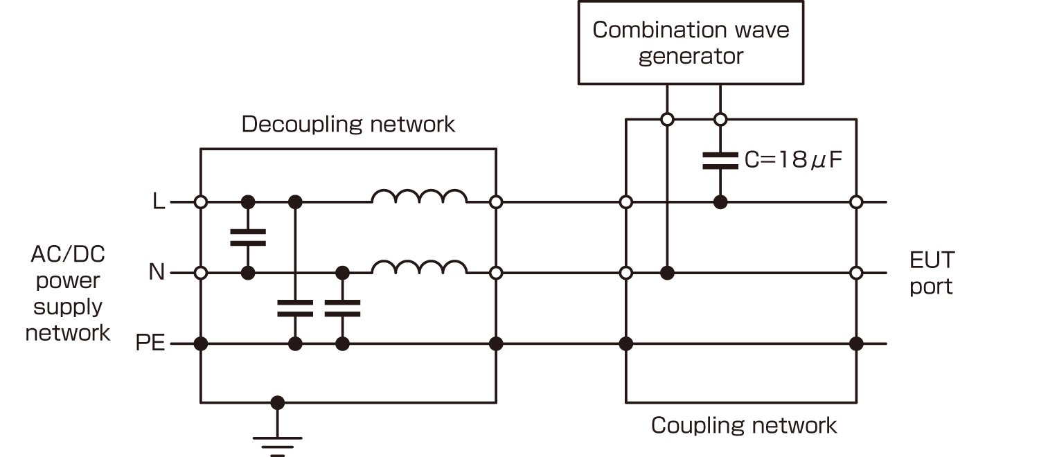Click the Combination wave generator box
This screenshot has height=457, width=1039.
691,42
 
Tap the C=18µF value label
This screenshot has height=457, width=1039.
793,161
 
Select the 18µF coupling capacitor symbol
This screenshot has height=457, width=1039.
720,161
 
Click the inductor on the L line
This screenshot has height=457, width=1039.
419,198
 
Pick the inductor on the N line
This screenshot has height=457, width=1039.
419,269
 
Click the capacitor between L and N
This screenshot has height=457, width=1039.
247,238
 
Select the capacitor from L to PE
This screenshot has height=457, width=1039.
295,308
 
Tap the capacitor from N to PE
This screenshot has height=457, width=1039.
341,308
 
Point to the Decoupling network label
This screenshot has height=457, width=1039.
348,125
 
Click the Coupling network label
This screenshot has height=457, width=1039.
744,425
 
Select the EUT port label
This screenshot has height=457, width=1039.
932,273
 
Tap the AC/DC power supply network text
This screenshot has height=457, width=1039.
68,294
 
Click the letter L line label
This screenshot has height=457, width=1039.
159,203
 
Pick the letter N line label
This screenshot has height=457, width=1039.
157,273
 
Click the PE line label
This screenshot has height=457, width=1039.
150,343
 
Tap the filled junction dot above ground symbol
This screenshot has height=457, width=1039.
278,402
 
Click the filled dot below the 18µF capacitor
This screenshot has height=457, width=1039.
720,202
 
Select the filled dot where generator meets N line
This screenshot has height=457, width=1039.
667,273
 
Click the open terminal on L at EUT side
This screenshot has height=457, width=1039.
856,202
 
